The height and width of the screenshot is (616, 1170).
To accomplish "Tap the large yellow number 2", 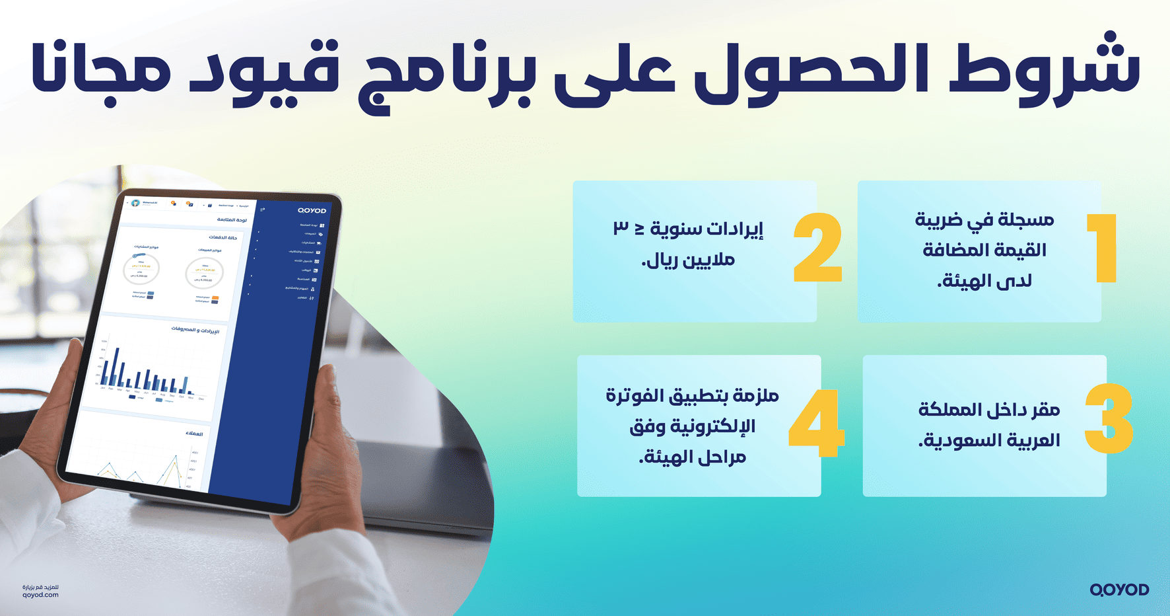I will [818, 249].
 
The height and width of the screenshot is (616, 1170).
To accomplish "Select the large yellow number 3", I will [1109, 418].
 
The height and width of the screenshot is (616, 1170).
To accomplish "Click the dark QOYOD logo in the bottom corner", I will [1119, 590].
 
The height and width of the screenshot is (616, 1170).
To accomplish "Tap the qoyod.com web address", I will [40, 595].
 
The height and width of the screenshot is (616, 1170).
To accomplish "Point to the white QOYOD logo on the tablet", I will [312, 211].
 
